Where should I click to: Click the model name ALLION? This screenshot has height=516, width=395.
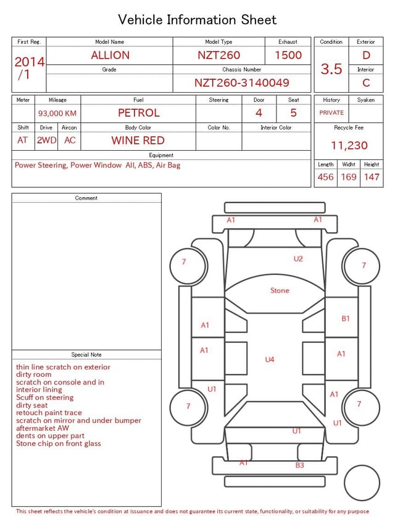tap(110, 55)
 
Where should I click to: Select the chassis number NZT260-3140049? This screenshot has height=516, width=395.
tap(241, 83)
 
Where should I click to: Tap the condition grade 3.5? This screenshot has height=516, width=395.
tap(331, 69)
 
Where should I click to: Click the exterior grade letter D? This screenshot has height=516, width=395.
tap(366, 55)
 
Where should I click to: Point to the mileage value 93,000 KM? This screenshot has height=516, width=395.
tap(57, 114)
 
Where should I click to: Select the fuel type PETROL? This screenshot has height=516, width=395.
tap(139, 113)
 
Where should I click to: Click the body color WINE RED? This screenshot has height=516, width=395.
tap(138, 140)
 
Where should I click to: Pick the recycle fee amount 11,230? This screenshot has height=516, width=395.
tap(349, 145)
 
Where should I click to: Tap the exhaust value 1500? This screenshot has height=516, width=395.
tap(288, 55)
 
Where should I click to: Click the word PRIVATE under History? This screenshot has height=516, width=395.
tap(331, 113)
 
